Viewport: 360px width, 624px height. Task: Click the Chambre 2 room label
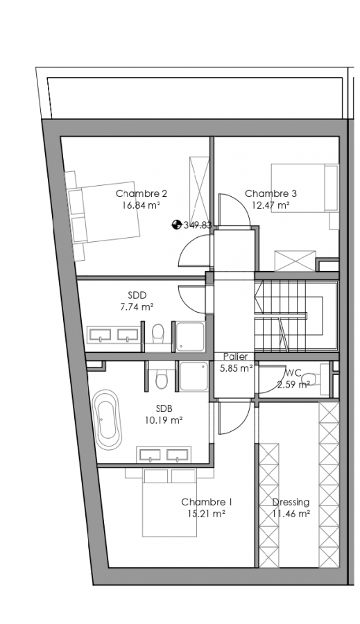(142, 194)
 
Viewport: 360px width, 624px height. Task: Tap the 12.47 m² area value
(271, 205)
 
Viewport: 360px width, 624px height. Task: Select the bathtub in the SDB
(107, 419)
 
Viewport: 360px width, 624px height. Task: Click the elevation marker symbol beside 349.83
(176, 225)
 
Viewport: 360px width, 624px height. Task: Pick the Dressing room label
(291, 502)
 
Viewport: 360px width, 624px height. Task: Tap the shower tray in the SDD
(190, 337)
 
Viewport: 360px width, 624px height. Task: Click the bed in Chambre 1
(170, 502)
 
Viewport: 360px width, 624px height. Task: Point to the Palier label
(235, 356)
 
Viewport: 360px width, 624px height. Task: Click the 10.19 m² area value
(164, 420)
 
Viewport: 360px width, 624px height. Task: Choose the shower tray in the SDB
(194, 376)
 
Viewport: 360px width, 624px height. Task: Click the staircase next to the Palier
(296, 316)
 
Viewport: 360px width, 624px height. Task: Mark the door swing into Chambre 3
(234, 210)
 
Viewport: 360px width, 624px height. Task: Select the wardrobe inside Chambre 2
(199, 190)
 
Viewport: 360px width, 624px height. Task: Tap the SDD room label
(137, 295)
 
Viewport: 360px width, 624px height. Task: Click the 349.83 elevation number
(198, 225)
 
